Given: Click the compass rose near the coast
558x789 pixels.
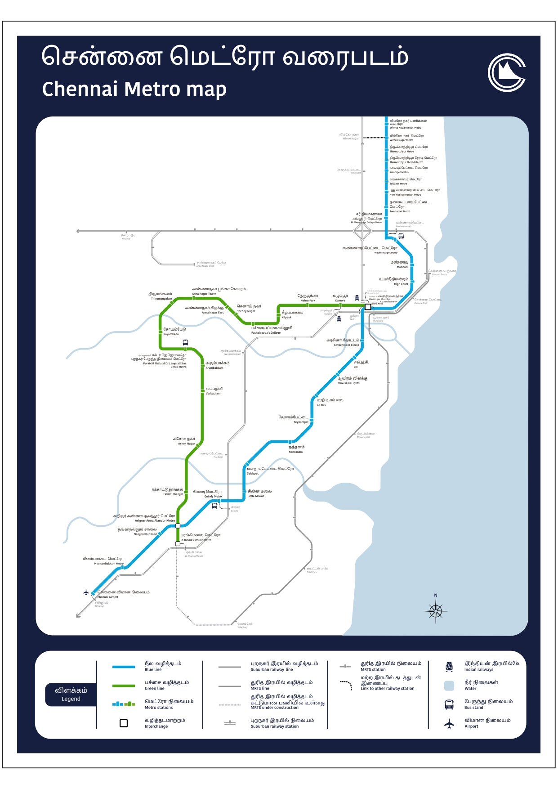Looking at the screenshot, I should click(435, 611).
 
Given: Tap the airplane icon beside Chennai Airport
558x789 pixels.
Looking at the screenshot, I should click(86, 592).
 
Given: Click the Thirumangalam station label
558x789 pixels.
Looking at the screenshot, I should click(161, 296).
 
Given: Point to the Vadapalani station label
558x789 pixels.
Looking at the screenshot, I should click(214, 390).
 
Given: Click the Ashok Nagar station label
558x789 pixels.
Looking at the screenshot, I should click(184, 441).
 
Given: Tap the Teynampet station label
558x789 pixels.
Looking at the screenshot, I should click(294, 419).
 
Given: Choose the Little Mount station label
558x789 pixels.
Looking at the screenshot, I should click(259, 493).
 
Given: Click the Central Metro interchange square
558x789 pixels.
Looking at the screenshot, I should click(367, 307).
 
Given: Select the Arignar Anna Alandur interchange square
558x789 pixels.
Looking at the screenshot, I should click(178, 525).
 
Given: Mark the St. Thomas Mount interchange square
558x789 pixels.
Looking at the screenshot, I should click(178, 544).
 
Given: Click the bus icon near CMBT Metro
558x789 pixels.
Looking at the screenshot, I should click(185, 343).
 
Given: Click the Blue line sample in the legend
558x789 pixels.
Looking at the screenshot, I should click(124, 667).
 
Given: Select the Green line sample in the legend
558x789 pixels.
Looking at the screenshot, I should click(124, 686).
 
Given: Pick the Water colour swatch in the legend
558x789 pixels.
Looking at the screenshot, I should click(449, 686).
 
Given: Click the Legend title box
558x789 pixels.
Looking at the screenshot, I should click(71, 694).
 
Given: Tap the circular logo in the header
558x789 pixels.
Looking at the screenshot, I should click(507, 72).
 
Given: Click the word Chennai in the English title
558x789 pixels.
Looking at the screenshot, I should click(80, 89).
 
